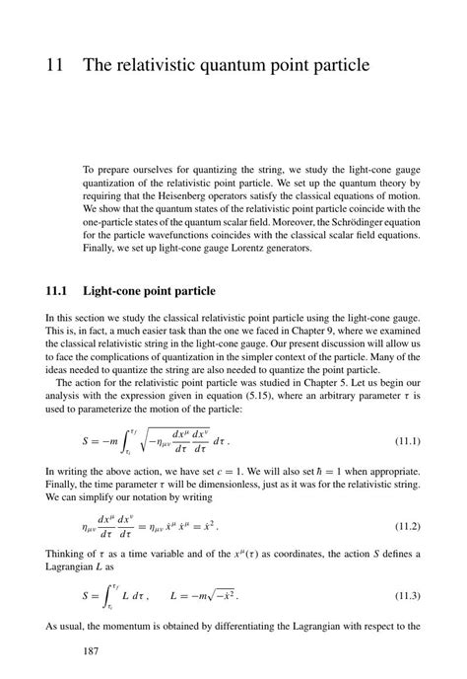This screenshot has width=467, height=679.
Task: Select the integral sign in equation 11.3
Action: (107, 597)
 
